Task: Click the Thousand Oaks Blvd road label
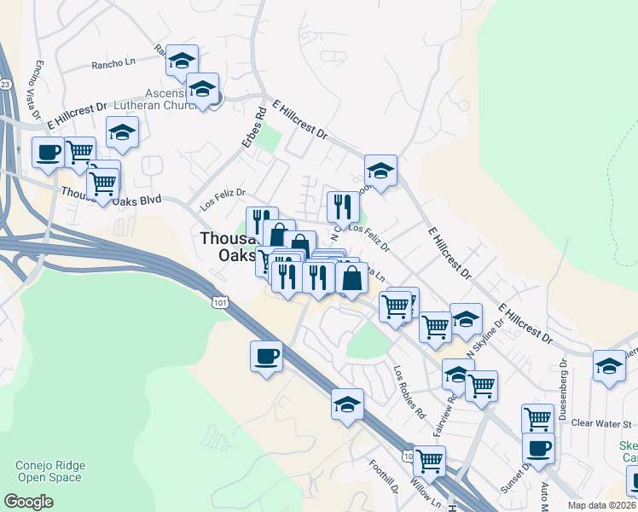click(112, 195)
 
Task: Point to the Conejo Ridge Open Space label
click(49, 472)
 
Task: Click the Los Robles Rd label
click(409, 392)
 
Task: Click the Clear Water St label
click(600, 423)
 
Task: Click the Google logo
click(28, 502)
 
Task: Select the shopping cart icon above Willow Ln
click(429, 461)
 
